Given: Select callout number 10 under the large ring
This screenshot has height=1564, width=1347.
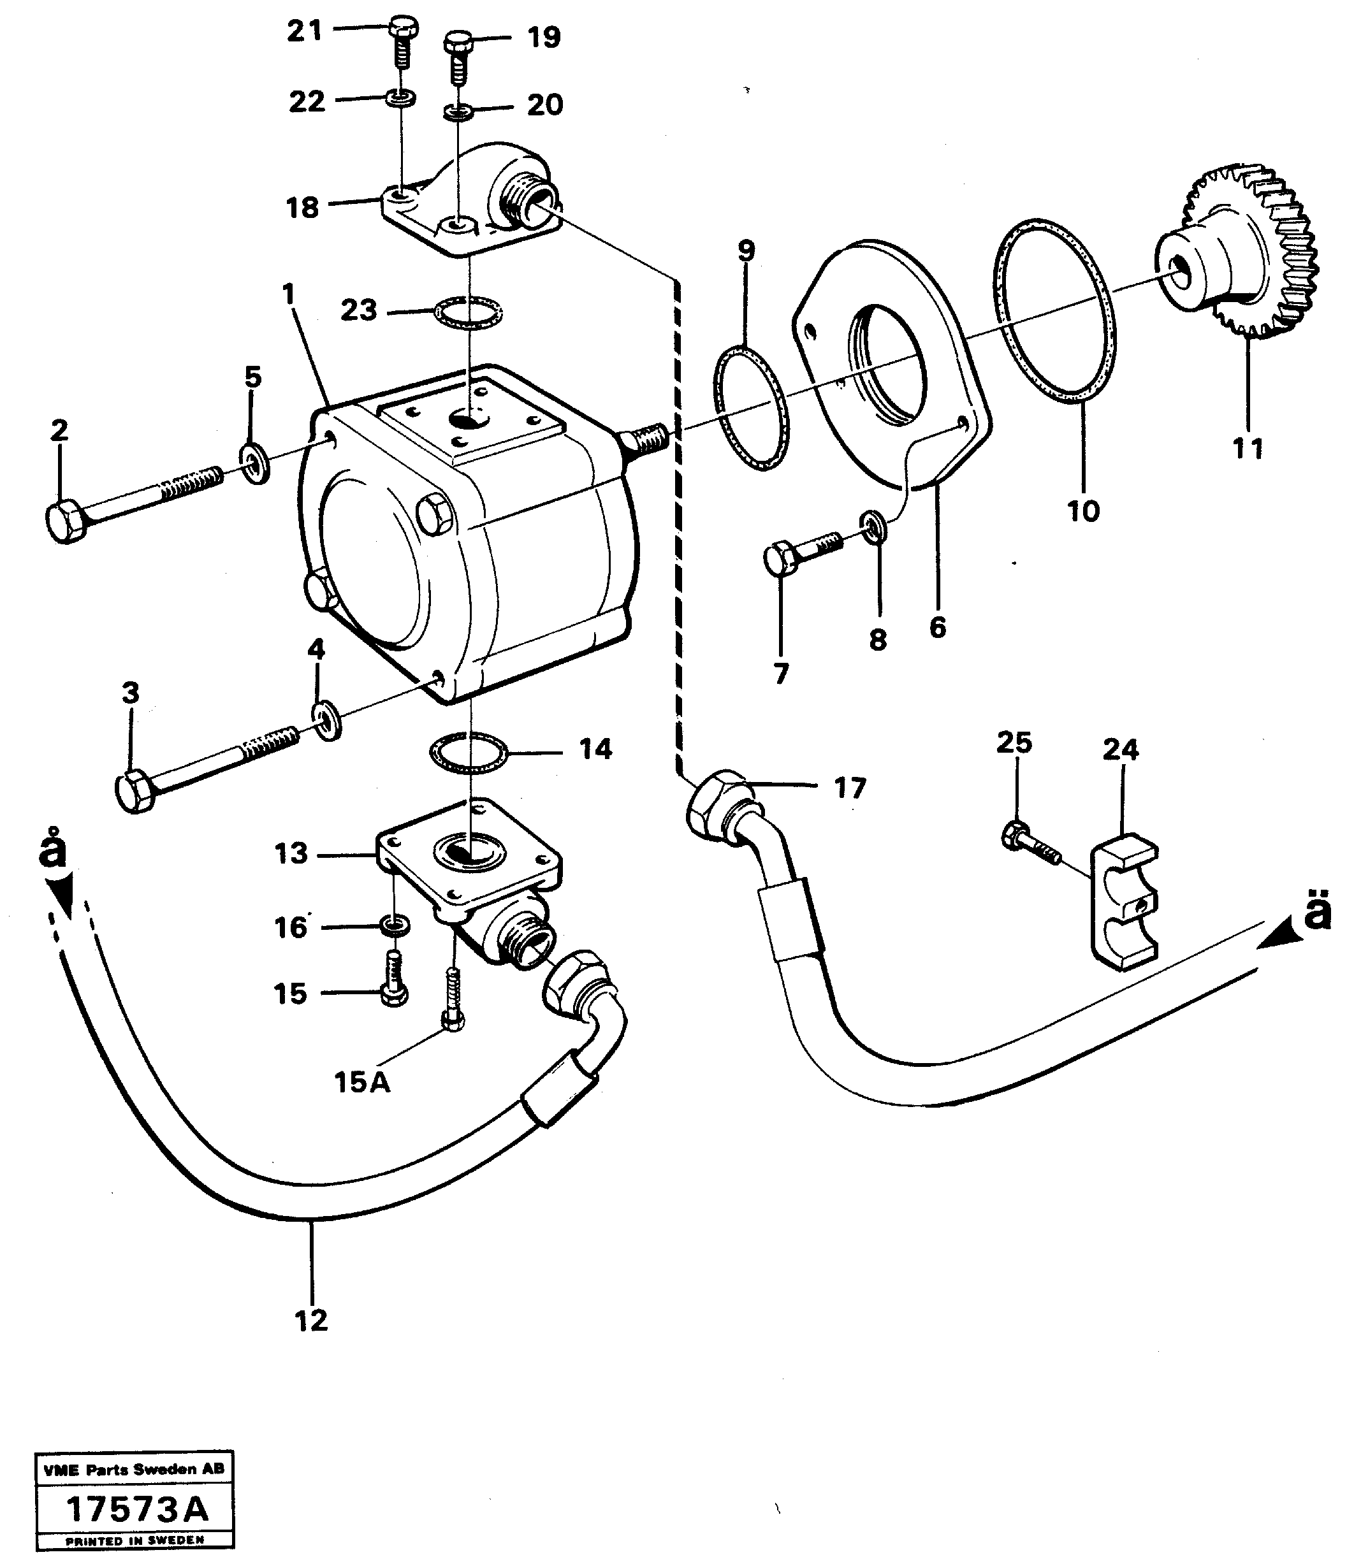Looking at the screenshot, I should point(1082,511).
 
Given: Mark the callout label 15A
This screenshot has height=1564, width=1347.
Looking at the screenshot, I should point(363,1082).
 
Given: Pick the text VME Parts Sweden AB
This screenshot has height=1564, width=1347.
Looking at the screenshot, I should point(134,1469).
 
